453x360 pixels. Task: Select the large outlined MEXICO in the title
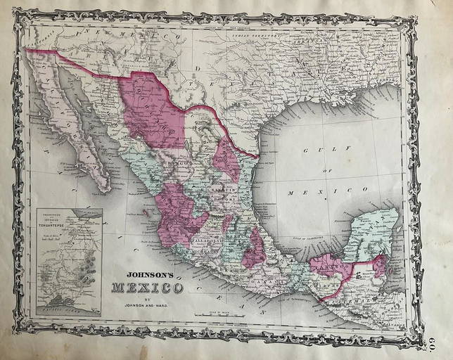coord(146,288)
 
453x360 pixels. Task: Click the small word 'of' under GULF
coord(326,171)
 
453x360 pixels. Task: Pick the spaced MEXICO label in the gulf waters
coord(328,190)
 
